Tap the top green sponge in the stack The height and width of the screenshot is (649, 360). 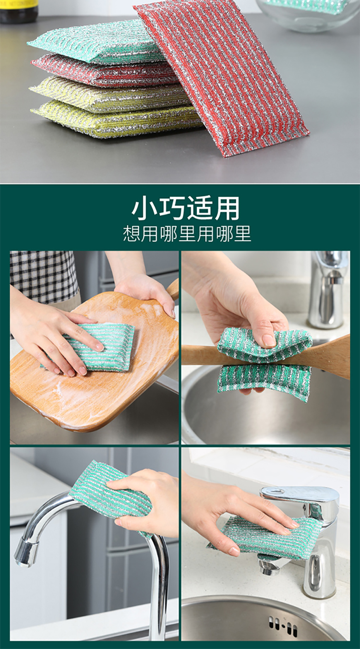(x=96, y=44)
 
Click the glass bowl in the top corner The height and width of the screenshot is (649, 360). (x=308, y=14)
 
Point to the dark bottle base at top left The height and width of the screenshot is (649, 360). (x=19, y=11)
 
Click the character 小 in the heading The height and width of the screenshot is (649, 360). (x=144, y=208)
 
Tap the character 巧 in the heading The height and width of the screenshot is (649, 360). (x=171, y=208)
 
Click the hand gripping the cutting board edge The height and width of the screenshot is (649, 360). (x=148, y=293)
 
